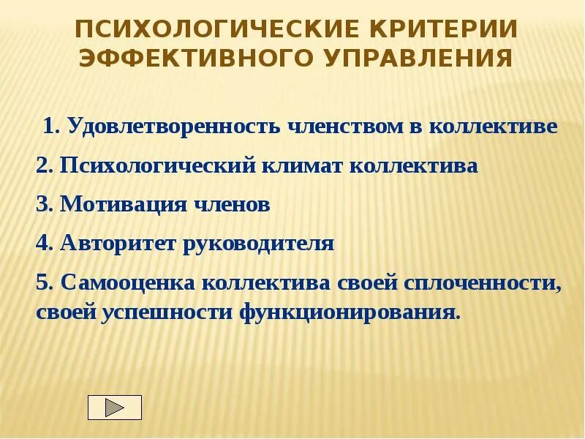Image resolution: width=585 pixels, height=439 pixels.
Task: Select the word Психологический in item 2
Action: (156, 165)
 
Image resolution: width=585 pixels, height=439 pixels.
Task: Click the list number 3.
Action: (42, 205)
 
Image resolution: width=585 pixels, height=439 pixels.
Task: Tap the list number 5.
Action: (42, 282)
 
